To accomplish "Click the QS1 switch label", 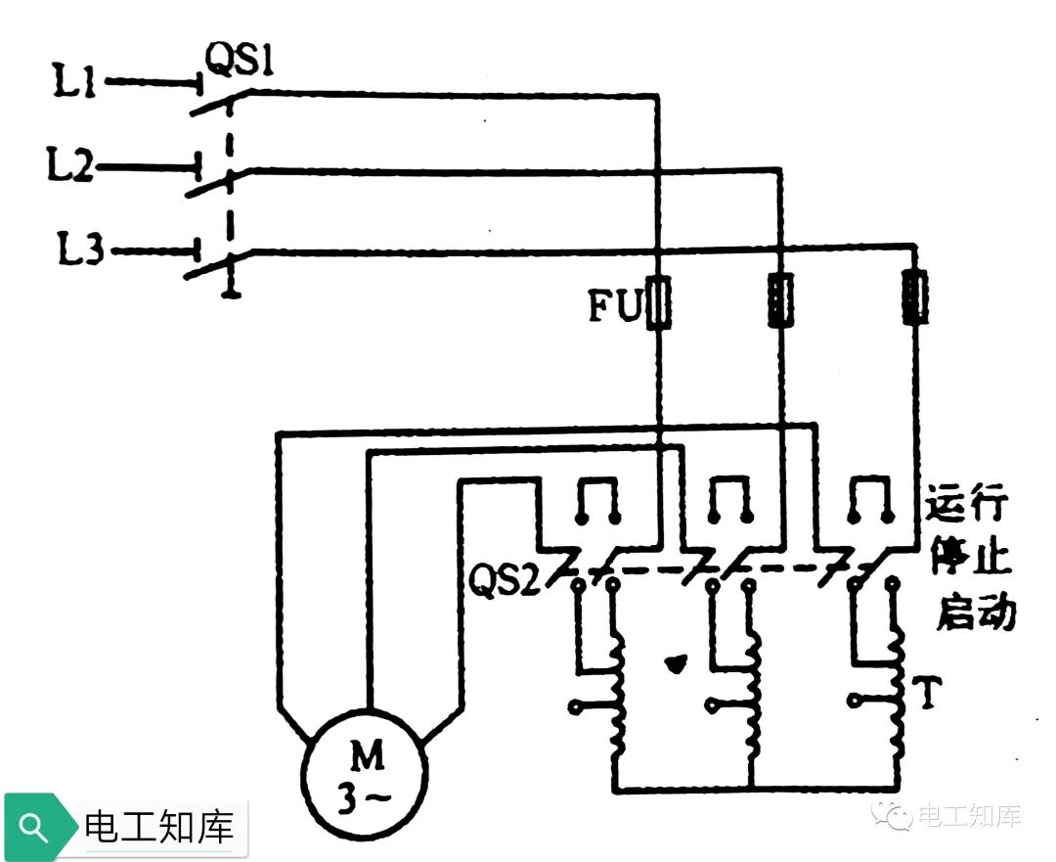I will point(239,65).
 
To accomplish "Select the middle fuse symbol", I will point(781,299).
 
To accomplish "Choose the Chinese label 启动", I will point(976,613).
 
